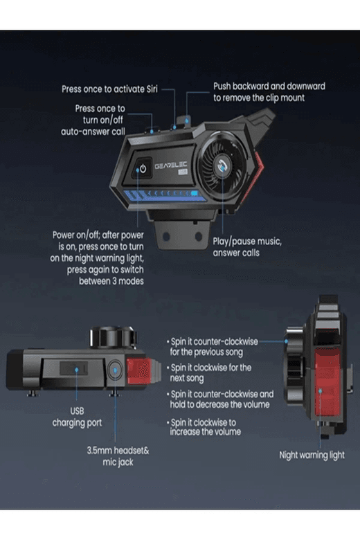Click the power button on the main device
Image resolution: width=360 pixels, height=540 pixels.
pyautogui.click(x=143, y=168)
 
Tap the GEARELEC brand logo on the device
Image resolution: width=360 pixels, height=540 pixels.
pyautogui.click(x=171, y=166)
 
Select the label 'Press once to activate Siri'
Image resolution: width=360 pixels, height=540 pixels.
pyautogui.click(x=109, y=89)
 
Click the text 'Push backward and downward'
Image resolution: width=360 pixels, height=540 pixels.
pyautogui.click(x=269, y=86)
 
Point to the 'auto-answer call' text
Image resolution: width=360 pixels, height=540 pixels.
pyautogui.click(x=93, y=132)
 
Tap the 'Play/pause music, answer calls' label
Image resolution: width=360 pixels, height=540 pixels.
pyautogui.click(x=247, y=247)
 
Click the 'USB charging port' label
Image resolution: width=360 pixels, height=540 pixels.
pyautogui.click(x=77, y=417)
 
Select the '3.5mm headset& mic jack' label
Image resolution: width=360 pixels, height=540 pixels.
pyautogui.click(x=118, y=456)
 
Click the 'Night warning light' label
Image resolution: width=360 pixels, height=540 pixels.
pyautogui.click(x=312, y=455)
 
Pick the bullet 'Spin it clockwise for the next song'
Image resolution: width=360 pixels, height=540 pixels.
pyautogui.click(x=209, y=372)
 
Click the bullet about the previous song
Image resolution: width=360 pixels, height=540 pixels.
pyautogui.click(x=213, y=347)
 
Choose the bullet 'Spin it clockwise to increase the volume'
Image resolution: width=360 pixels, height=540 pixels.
pyautogui.click(x=204, y=427)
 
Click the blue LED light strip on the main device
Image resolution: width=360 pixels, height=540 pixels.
pyautogui.click(x=161, y=195)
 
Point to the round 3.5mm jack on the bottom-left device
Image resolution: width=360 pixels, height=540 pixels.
pyautogui.click(x=115, y=370)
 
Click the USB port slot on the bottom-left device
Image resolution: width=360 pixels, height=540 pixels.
pyautogui.click(x=73, y=368)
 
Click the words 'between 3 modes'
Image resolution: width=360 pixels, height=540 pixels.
pyautogui.click(x=111, y=281)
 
